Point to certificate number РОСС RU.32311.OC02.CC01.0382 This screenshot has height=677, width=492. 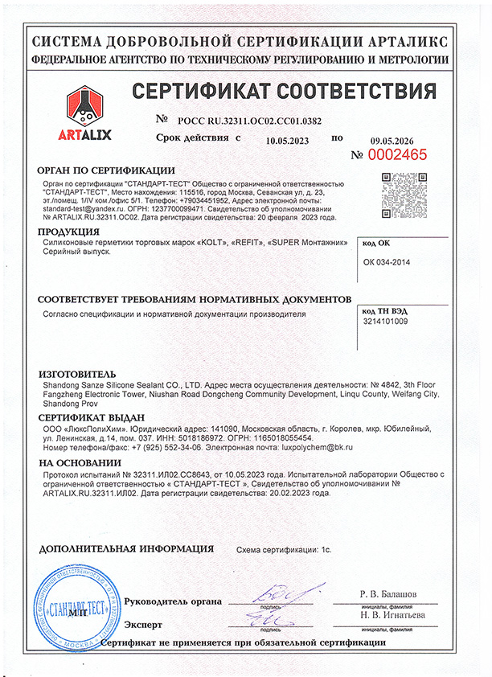tap(252, 121)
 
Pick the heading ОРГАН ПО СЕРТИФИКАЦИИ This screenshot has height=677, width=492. tap(105, 170)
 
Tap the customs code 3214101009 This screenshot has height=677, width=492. tap(386, 322)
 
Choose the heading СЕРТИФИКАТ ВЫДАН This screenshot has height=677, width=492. tap(91, 417)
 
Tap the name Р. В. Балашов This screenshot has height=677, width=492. tap(387, 594)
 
